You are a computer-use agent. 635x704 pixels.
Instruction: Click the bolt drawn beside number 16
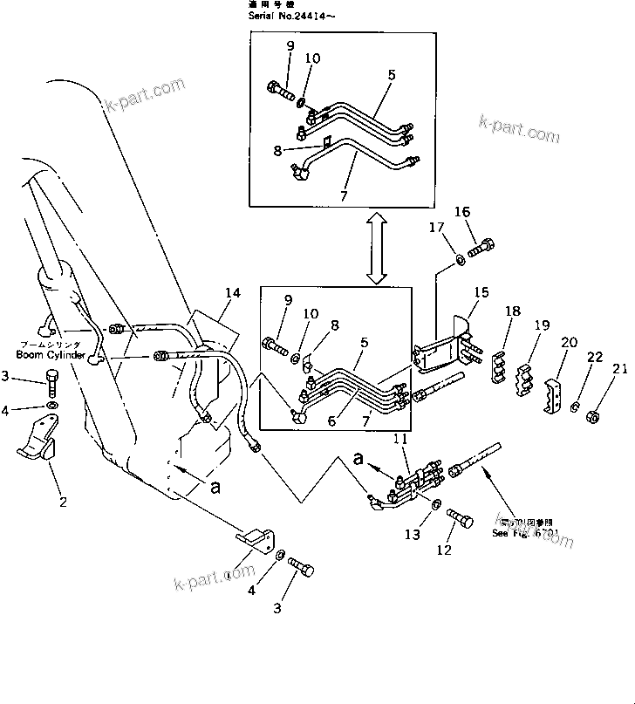pos(481,248)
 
